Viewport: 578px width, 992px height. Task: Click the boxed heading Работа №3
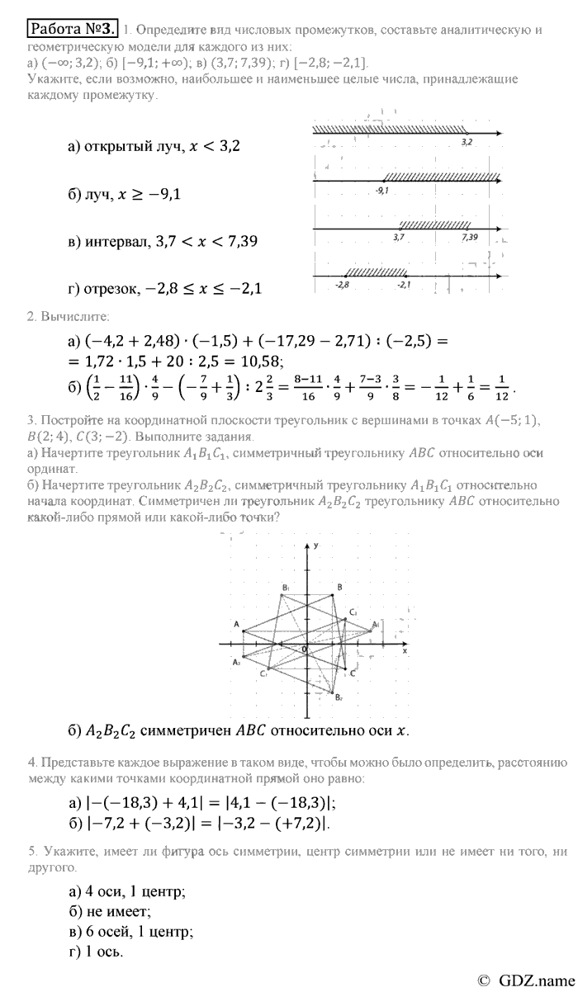(73, 31)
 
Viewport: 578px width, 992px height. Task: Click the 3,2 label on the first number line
(467, 142)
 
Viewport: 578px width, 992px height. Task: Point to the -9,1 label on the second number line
(381, 190)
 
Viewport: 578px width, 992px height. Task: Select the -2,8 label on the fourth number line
(343, 284)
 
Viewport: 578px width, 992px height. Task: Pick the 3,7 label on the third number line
(400, 237)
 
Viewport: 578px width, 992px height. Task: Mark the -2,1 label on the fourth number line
(404, 284)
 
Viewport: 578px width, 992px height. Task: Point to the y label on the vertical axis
(317, 547)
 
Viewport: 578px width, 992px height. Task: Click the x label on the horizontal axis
(405, 651)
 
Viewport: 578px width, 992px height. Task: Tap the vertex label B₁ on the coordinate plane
(285, 587)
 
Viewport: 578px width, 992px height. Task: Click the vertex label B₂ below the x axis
(339, 698)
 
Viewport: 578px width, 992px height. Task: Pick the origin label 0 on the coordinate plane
(303, 650)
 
